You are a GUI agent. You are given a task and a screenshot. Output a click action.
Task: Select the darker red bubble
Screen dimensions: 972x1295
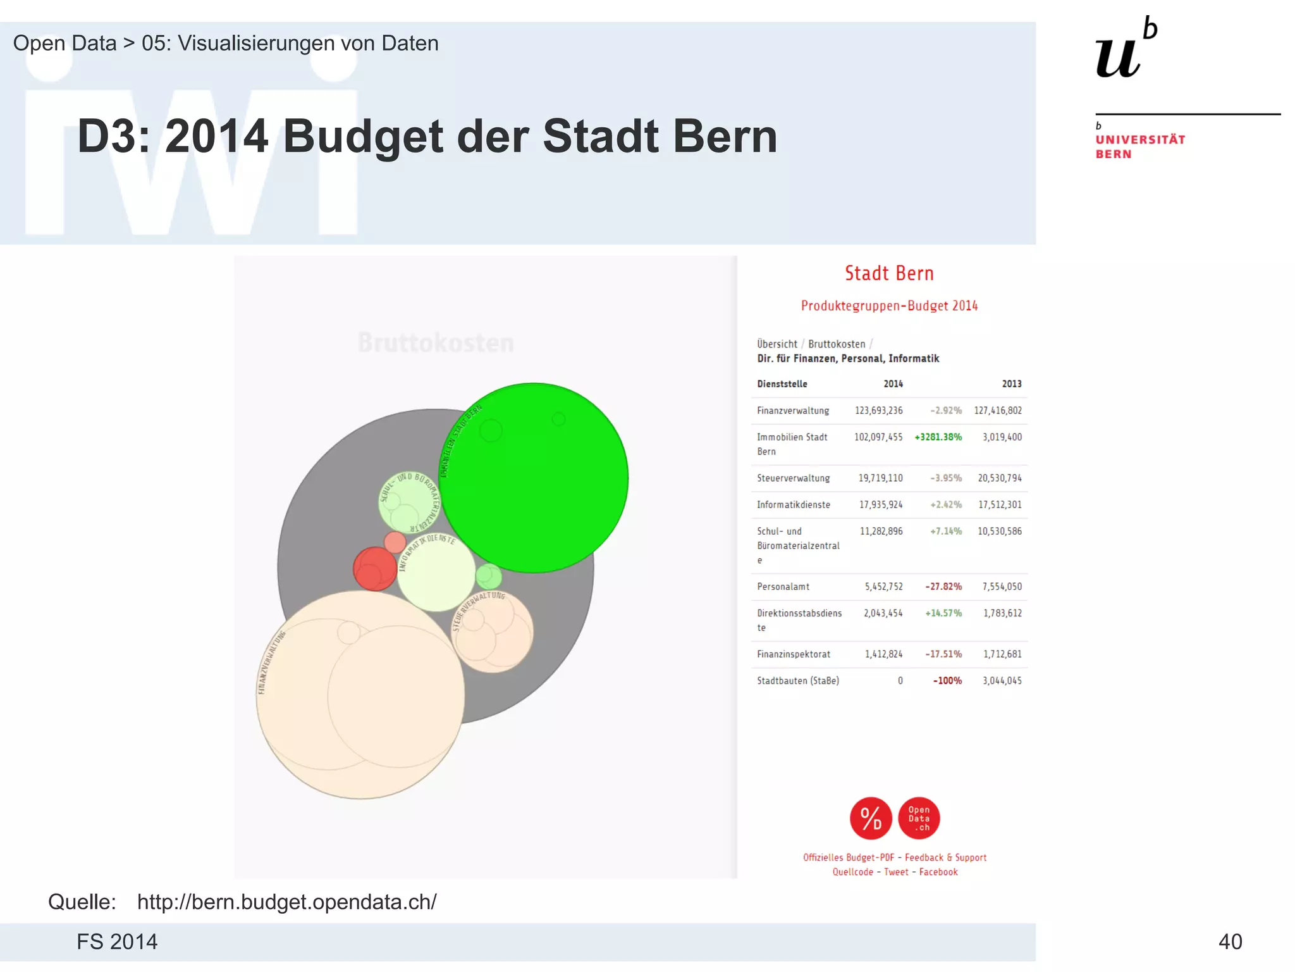click(374, 569)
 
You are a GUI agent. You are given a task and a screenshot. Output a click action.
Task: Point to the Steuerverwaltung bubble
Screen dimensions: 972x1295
click(493, 631)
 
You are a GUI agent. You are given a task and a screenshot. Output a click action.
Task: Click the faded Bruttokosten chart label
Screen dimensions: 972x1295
click(436, 343)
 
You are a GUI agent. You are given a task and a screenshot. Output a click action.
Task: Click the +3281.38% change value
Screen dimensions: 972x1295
click(938, 437)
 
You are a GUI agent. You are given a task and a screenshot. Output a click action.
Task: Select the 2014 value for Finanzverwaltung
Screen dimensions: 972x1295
click(878, 411)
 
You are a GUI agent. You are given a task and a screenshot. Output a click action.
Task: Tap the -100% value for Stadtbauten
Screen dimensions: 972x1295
click(947, 681)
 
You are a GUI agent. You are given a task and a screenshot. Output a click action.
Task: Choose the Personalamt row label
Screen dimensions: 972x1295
click(783, 587)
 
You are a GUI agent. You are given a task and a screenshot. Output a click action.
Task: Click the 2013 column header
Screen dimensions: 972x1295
click(1011, 384)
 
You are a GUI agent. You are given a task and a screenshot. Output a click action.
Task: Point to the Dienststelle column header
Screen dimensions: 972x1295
click(782, 384)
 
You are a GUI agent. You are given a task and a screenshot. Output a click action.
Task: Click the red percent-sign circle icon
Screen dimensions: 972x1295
click(871, 818)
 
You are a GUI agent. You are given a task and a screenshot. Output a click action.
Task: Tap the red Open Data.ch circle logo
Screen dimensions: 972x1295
click(919, 818)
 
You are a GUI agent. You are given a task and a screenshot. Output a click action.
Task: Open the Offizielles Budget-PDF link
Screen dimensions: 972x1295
click(848, 857)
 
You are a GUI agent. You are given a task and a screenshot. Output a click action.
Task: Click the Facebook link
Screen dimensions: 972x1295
click(938, 872)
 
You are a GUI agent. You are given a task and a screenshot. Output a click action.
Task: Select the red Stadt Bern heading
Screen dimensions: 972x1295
click(889, 273)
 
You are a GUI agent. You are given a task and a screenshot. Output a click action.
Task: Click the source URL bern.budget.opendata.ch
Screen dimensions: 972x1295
click(286, 902)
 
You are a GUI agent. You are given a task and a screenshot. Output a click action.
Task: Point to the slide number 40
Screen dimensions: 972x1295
click(1230, 942)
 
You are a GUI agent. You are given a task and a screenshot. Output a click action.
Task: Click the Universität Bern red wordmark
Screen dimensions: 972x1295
click(1139, 147)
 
